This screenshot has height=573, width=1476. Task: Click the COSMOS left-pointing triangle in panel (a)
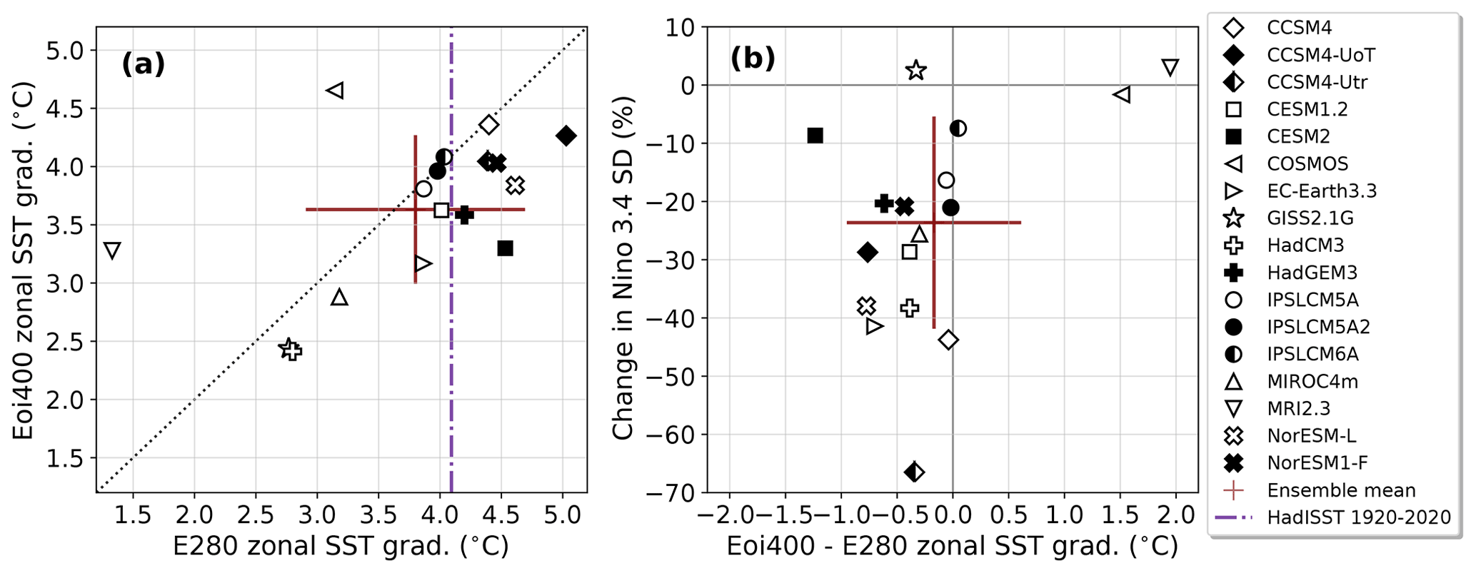(335, 91)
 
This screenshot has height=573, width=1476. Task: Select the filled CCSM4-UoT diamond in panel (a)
(566, 136)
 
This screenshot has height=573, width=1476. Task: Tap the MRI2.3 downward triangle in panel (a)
(112, 250)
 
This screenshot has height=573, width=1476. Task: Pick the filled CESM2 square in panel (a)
(506, 248)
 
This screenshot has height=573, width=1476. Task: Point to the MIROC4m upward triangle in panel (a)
(340, 297)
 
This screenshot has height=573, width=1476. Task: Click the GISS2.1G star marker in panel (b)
(916, 71)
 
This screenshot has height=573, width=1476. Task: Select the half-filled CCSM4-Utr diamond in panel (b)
(914, 472)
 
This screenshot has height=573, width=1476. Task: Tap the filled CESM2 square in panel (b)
(815, 136)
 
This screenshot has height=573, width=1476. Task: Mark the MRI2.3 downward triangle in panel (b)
(1170, 68)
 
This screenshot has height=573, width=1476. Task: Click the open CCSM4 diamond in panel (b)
(948, 340)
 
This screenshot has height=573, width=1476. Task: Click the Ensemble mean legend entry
(1341, 490)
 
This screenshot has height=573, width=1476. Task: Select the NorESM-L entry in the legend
(1311, 435)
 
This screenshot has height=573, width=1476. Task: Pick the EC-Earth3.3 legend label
(1322, 191)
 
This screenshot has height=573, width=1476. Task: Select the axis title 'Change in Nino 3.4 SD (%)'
(623, 268)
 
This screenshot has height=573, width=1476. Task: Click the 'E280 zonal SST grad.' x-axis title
(341, 547)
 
